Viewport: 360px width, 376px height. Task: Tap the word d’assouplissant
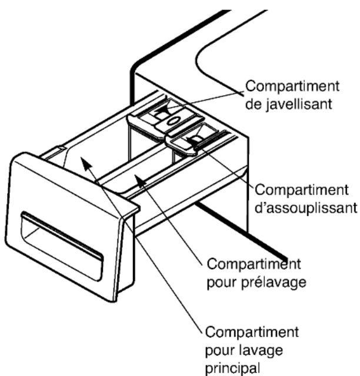(306, 207)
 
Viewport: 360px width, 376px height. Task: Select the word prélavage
(274, 282)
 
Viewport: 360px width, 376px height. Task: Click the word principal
(233, 368)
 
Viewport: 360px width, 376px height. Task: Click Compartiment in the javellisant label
(292, 86)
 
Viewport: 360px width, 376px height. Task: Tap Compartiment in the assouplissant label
(301, 190)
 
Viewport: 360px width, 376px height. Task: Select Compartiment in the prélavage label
(254, 264)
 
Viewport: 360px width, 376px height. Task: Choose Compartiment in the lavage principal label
(252, 332)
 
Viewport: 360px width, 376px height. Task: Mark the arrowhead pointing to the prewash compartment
(139, 180)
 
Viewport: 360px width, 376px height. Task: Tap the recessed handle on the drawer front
(62, 246)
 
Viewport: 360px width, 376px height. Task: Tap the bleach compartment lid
(166, 117)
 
